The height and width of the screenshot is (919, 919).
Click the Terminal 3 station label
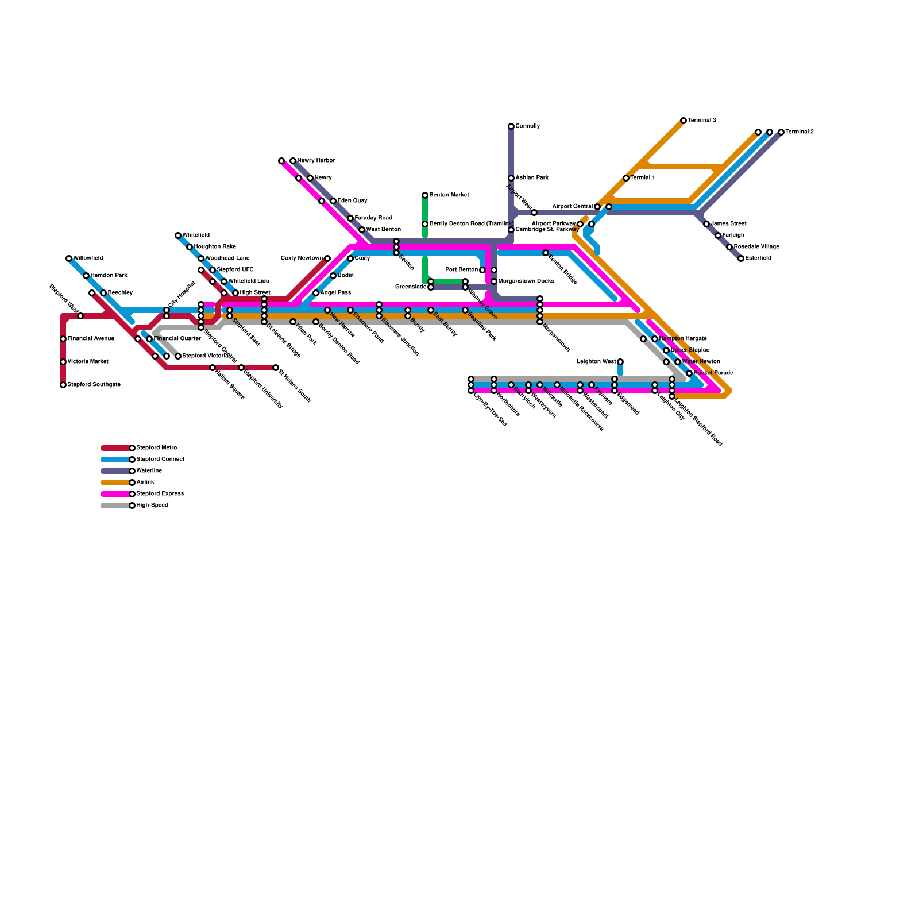pos(702,121)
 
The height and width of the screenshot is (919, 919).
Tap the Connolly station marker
pos(511,126)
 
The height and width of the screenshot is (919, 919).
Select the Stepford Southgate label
pos(94,385)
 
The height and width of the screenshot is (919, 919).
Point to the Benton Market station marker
pos(425,195)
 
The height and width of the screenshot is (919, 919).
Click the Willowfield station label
pos(88,258)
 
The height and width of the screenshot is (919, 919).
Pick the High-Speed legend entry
pos(152,505)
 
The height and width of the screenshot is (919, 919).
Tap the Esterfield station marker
pos(741,258)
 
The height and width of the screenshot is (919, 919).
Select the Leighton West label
pos(596,362)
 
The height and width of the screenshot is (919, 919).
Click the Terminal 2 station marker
pos(781,132)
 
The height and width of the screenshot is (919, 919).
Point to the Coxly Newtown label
pos(302,258)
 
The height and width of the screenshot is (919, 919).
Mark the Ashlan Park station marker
pos(511,178)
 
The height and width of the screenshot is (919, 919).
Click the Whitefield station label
pos(196,235)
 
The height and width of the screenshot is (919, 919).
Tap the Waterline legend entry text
pos(149,471)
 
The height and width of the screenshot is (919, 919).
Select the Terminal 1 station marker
pos(626,178)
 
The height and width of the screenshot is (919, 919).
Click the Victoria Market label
pos(88,362)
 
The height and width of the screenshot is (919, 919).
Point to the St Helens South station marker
pos(276,368)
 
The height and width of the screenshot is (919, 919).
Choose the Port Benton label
pos(461,270)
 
